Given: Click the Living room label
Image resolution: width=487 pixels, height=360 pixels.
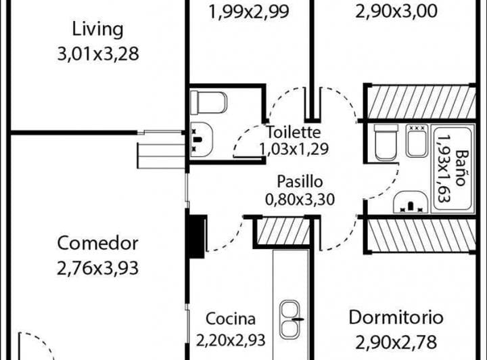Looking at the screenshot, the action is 98,30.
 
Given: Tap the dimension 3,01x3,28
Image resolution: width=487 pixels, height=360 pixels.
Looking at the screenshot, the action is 98,53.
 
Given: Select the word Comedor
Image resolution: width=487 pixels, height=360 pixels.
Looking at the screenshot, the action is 98,243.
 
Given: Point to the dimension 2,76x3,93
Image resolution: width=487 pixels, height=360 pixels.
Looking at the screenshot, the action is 98,268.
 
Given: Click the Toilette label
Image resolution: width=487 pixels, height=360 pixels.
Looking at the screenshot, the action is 294,132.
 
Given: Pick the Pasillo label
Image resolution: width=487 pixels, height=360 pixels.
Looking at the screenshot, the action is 300,182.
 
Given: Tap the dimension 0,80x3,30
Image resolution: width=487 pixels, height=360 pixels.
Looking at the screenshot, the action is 300,199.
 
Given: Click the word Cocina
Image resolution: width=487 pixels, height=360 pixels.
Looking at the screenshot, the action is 231,319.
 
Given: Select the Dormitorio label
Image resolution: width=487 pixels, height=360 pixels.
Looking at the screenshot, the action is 396,317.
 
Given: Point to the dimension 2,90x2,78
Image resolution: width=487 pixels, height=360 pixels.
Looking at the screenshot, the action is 396,342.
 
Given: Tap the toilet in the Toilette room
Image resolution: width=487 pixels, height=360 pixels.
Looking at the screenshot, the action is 208,102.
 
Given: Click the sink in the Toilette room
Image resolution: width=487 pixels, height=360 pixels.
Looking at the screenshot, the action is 202,139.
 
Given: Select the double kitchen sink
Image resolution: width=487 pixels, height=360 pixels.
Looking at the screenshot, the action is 290,319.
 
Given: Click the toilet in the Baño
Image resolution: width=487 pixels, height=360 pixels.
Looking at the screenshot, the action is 386,142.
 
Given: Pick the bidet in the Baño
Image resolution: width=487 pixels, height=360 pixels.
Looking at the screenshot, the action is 417,141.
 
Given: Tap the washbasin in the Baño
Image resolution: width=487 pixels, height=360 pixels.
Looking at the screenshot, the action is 411,202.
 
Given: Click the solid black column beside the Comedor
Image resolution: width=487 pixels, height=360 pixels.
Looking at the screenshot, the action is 196,236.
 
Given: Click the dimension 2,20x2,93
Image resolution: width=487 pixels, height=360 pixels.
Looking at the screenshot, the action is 231,340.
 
